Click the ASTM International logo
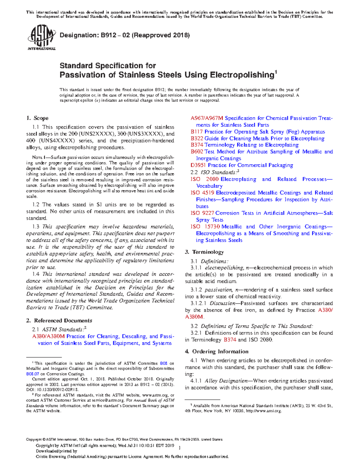(41, 38)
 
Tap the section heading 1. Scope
(37, 118)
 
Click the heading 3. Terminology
(204, 252)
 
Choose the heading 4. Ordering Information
(217, 351)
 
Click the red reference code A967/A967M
(207, 118)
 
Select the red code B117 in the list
(197, 132)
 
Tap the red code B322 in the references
(197, 138)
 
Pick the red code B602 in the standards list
(197, 152)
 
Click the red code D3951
(199, 165)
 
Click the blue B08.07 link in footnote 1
(33, 374)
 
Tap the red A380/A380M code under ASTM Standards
(48, 336)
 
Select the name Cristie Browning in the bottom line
(51, 457)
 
